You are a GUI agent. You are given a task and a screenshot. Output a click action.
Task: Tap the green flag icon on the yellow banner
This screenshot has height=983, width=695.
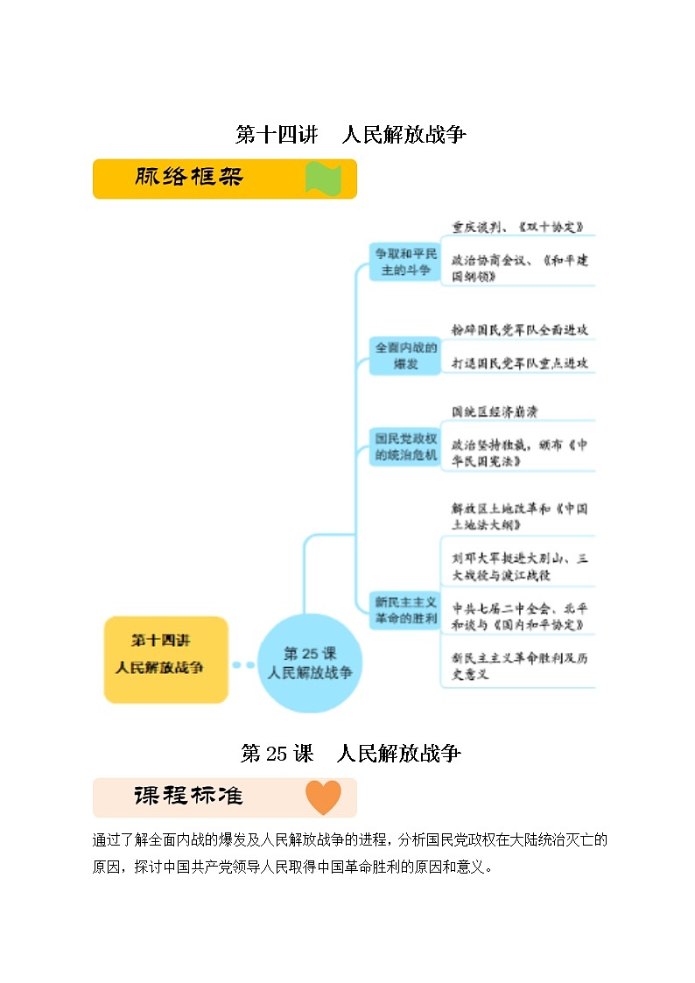(x=321, y=179)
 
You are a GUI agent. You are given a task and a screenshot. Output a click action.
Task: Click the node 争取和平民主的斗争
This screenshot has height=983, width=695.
(x=404, y=262)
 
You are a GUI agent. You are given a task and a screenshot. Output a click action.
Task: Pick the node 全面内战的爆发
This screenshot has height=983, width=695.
(x=404, y=355)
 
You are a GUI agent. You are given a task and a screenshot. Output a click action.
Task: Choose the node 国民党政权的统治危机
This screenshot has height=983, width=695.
(x=404, y=446)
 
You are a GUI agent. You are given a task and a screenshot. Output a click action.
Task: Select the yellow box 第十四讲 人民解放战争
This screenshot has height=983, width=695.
(x=165, y=659)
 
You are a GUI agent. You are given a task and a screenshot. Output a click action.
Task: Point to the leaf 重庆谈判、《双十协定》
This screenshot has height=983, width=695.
(x=517, y=227)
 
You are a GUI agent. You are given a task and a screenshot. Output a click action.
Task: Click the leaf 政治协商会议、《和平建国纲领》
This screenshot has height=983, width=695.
(x=520, y=269)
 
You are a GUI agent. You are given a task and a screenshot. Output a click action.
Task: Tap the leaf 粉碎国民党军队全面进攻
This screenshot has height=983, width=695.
(x=519, y=330)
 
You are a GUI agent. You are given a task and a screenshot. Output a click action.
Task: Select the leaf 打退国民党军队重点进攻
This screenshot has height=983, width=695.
(x=519, y=362)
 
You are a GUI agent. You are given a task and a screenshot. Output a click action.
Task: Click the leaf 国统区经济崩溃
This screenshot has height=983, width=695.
(x=500, y=411)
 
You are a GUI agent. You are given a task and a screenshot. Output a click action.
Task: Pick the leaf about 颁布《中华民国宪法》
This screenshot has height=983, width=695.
(x=519, y=453)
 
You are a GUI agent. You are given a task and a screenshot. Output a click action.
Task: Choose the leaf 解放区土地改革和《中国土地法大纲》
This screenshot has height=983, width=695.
(x=519, y=516)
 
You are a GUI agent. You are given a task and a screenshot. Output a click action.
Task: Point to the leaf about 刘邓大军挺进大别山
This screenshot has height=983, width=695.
(x=519, y=566)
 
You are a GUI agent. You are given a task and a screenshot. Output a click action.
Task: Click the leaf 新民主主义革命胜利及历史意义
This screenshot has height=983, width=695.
(x=519, y=666)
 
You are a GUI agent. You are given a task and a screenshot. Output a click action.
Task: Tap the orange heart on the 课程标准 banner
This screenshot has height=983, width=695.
(x=322, y=797)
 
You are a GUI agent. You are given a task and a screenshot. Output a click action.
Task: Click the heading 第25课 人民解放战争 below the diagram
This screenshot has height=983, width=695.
(x=350, y=754)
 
